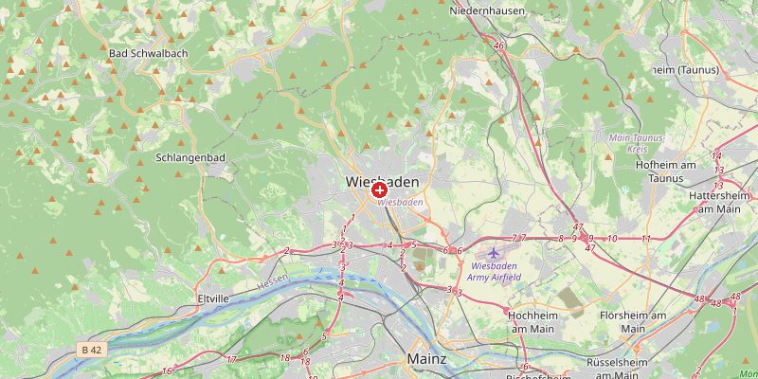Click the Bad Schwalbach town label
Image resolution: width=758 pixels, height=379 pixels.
pyautogui.click(x=149, y=53)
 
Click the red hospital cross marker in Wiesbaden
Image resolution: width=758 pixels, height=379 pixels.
pyautogui.click(x=379, y=190)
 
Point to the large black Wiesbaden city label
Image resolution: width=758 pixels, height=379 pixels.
pyautogui.click(x=383, y=180)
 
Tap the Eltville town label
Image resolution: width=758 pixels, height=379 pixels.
pyautogui.click(x=213, y=298)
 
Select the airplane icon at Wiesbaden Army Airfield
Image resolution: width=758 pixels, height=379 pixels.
pyautogui.click(x=493, y=252)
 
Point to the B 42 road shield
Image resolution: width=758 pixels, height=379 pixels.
pyautogui.click(x=91, y=350)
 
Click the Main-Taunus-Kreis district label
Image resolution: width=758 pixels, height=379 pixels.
pyautogui.click(x=637, y=144)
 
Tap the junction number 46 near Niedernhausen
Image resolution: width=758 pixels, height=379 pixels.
pyautogui.click(x=498, y=45)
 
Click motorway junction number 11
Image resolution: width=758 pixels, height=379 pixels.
pyautogui.click(x=645, y=239)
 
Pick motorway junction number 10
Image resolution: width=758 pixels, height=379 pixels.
pyautogui.click(x=612, y=239)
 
